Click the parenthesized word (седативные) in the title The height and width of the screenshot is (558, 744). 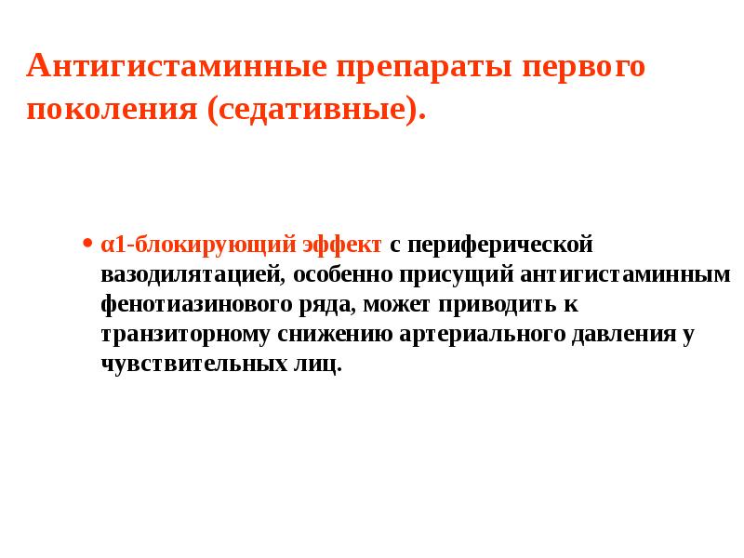315,111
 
